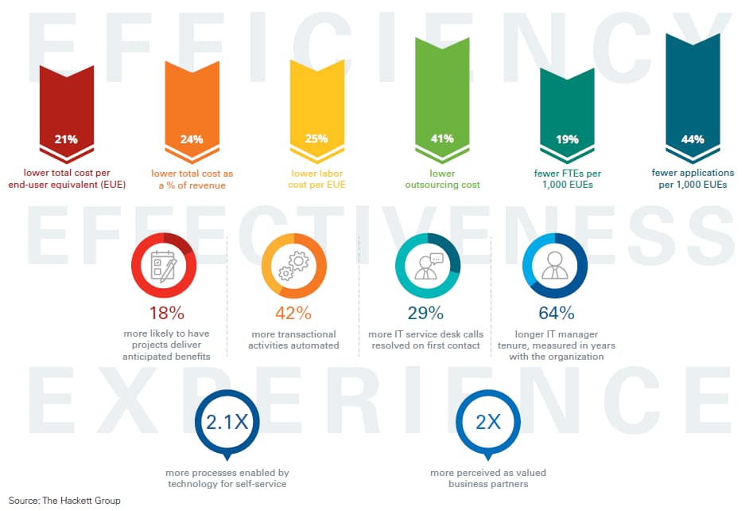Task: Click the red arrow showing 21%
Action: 66,111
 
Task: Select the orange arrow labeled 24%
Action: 192,111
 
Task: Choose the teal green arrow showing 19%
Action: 567,115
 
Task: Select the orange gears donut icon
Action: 293,266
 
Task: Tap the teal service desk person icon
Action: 426,266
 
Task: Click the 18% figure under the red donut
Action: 166,314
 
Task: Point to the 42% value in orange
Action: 293,314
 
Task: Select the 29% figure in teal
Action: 426,314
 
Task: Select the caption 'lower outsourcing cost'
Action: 442,179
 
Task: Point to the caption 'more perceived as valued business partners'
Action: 488,478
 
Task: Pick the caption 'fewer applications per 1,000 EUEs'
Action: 693,178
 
